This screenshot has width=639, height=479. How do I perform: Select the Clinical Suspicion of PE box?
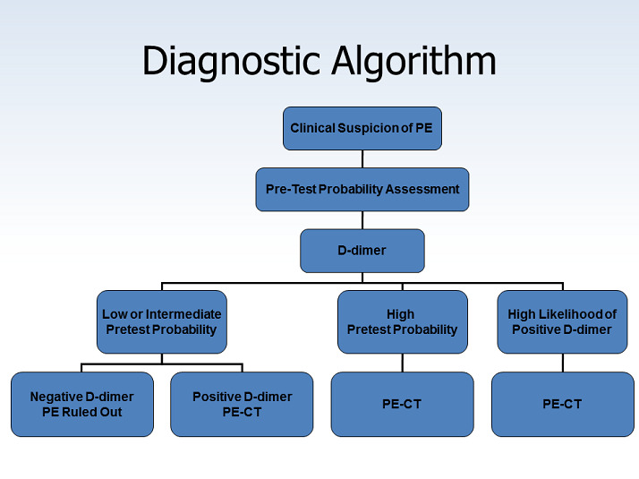pos(362,128)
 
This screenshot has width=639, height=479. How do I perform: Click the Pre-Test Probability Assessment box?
pos(362,189)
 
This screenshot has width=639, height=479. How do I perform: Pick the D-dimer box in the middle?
pos(362,251)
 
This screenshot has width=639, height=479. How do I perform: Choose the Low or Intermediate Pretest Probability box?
pos(161,321)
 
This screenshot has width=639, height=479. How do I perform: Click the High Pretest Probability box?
pos(402,321)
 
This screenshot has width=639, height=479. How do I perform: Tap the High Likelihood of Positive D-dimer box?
pos(562,321)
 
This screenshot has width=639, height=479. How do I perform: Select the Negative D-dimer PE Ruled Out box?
pos(81,404)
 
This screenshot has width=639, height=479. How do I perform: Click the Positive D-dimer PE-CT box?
pos(242,404)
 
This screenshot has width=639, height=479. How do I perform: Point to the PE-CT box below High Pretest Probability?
pos(402,404)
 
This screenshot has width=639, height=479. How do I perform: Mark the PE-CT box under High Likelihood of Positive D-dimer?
pos(562,404)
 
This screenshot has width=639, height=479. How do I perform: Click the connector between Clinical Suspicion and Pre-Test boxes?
pos(362,158)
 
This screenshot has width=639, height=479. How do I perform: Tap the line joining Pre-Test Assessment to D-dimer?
pos(362,220)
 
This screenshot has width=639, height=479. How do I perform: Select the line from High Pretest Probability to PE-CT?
pos(402,363)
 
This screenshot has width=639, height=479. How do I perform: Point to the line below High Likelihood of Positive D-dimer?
pos(562,363)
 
